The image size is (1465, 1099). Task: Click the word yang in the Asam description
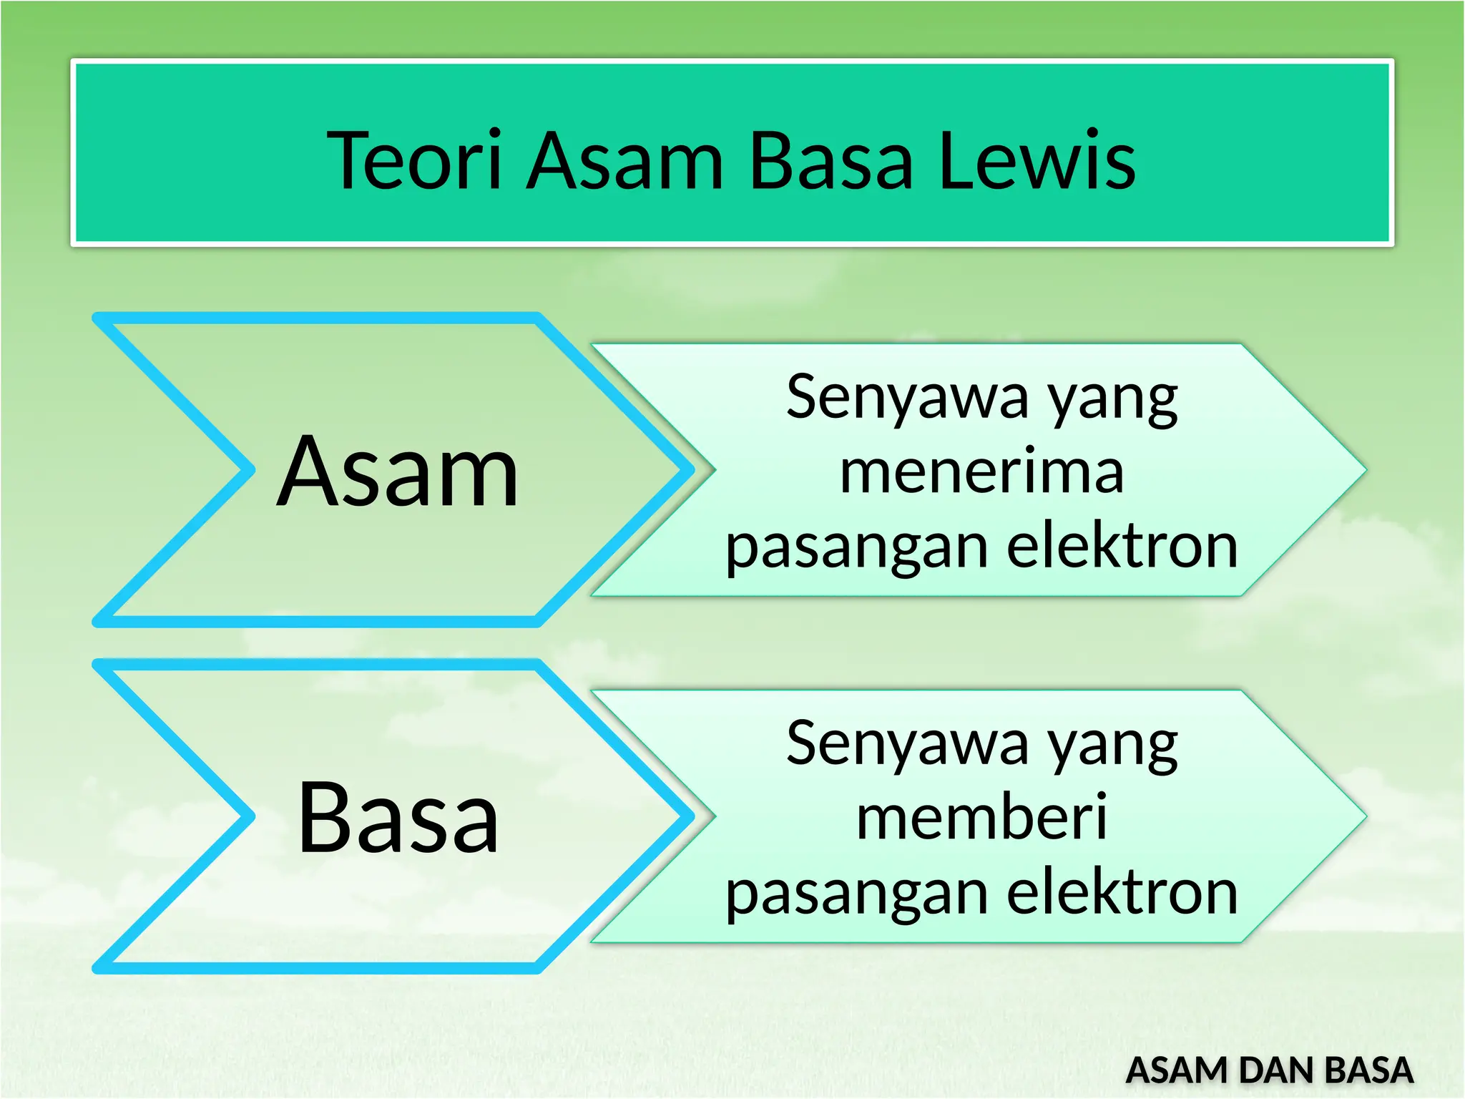(1112, 401)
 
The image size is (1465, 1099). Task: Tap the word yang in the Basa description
(1112, 747)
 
